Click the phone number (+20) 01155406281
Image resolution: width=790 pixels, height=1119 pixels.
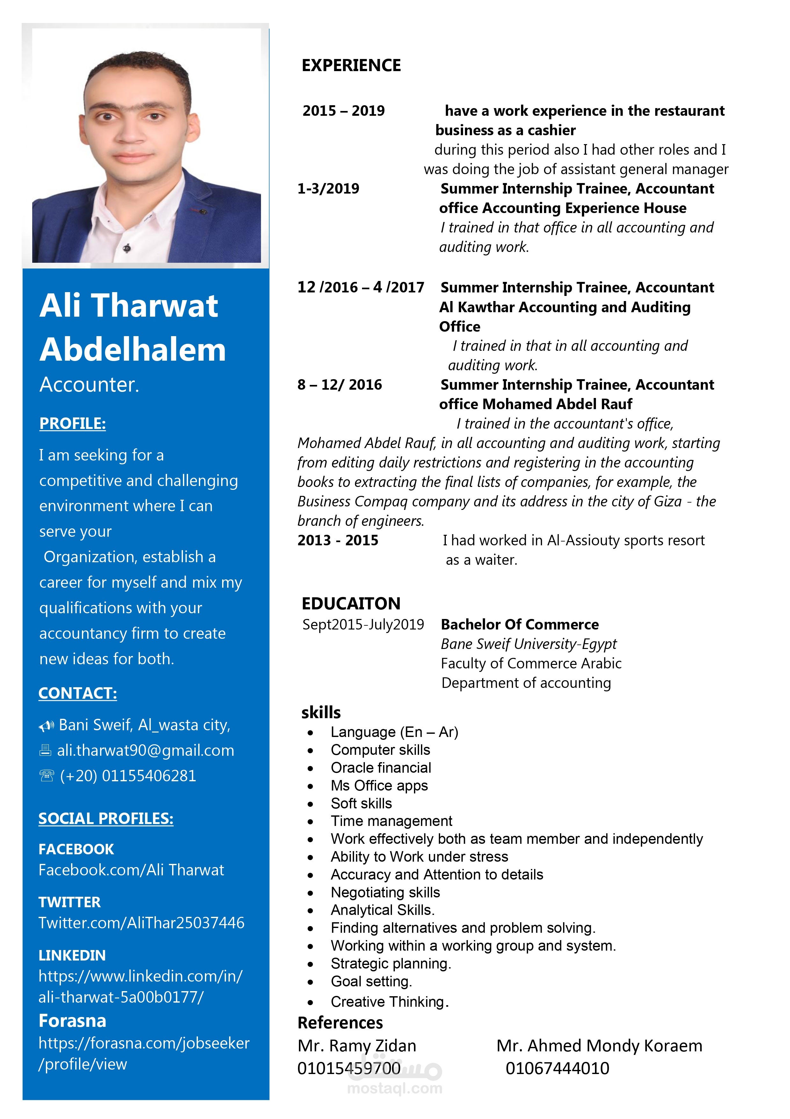tap(127, 776)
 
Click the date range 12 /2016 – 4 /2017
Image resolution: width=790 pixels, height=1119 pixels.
tap(360, 287)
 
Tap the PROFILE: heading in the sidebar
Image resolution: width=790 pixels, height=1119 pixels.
tap(73, 423)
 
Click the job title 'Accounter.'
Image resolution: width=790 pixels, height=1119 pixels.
tap(89, 385)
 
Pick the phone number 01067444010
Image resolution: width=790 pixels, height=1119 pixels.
tap(557, 1068)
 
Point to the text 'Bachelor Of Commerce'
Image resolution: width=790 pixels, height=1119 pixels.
tap(520, 624)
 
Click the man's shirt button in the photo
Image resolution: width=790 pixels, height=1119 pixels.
tap(127, 248)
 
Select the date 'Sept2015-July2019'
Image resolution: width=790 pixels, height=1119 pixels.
tap(363, 624)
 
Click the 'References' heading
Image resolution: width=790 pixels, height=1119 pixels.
tap(340, 1022)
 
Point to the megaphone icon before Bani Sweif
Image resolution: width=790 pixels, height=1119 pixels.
tap(46, 726)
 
